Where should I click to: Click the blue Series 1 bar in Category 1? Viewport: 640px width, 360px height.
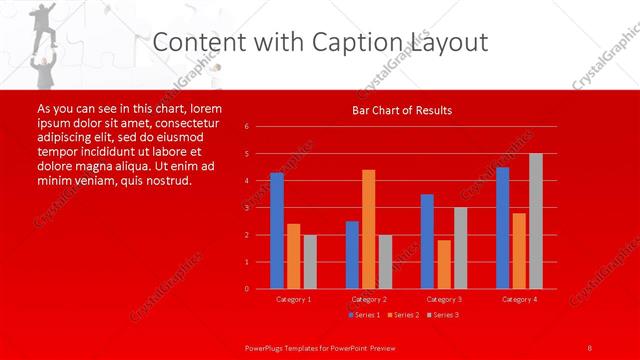pos(277,230)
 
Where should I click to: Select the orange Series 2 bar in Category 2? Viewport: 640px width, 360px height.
pos(368,229)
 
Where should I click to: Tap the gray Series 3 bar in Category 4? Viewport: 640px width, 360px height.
pos(535,221)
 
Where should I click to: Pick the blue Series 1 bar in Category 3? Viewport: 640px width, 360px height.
pos(427,241)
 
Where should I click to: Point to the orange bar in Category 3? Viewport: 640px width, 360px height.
pos(443,264)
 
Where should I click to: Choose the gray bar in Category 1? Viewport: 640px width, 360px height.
pos(309,261)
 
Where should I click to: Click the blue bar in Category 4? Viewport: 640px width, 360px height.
pos(502,227)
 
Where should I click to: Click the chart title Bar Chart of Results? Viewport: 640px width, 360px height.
pos(401,110)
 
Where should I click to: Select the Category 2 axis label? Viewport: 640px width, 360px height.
pos(368,299)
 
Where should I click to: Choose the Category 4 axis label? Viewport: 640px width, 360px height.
pos(518,299)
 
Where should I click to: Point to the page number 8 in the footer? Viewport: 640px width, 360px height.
pos(590,347)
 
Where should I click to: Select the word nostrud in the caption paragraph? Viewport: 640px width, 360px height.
pos(161,181)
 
